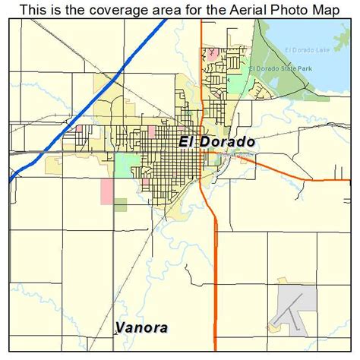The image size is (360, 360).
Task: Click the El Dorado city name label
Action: click(x=216, y=142)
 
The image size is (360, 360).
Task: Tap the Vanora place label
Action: click(x=142, y=328)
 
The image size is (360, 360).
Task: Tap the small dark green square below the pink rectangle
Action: click(x=120, y=204)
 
